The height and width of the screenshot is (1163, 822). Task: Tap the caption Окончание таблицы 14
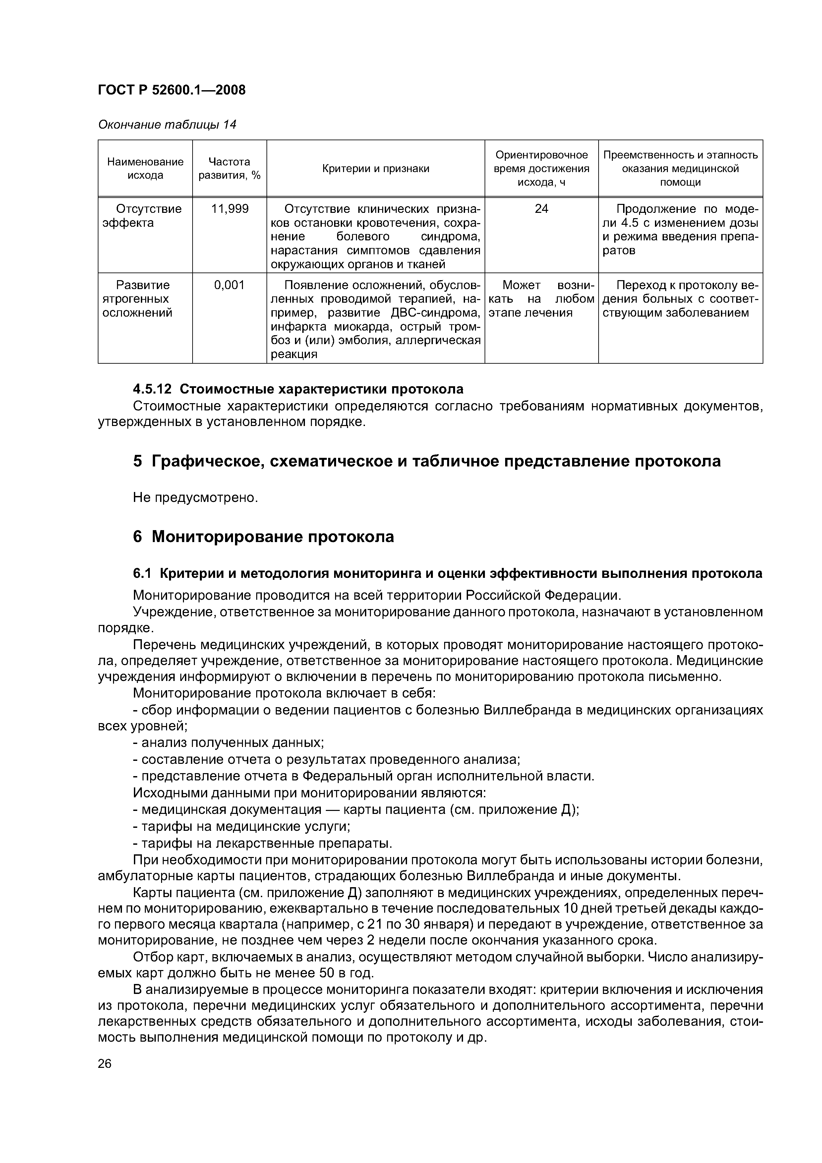click(x=167, y=125)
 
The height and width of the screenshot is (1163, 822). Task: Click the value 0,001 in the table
click(x=229, y=285)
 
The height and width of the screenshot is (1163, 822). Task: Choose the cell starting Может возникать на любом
click(x=541, y=299)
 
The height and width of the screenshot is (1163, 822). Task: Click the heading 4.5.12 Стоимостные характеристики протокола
click(x=298, y=389)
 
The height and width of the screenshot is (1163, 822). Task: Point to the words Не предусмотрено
click(x=196, y=498)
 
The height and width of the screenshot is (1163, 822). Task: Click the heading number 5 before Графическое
click(x=137, y=461)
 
